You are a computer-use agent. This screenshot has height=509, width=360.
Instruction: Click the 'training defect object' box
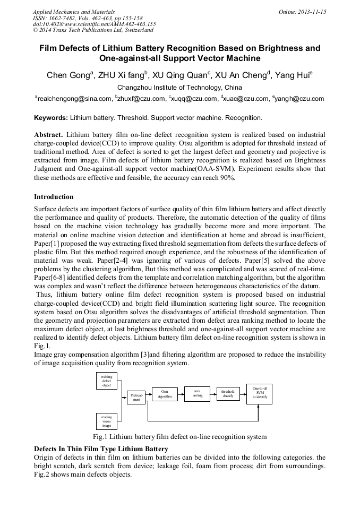(107, 381)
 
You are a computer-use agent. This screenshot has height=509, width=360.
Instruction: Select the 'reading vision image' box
(107, 421)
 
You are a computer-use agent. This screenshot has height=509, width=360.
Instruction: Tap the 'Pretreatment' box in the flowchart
(136, 398)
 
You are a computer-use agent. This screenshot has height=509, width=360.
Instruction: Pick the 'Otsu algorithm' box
(165, 394)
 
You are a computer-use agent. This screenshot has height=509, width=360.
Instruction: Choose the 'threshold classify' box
(228, 394)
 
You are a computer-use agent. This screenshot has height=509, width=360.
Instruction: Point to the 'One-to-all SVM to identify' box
(259, 394)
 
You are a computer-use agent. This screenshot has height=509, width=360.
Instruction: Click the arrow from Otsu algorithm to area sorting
(181, 394)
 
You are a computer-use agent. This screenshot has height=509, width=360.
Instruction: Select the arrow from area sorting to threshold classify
(213, 394)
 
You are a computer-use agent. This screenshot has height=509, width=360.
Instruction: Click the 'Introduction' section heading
(54, 197)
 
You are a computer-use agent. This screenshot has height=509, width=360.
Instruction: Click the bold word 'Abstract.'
(48, 135)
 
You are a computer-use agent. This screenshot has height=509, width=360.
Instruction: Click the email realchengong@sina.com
(74, 99)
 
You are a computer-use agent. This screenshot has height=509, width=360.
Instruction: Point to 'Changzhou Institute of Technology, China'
(179, 88)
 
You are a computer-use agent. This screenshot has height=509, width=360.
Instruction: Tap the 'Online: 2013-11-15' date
(303, 12)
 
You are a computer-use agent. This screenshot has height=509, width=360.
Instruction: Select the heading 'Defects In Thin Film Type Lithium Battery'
(101, 449)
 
